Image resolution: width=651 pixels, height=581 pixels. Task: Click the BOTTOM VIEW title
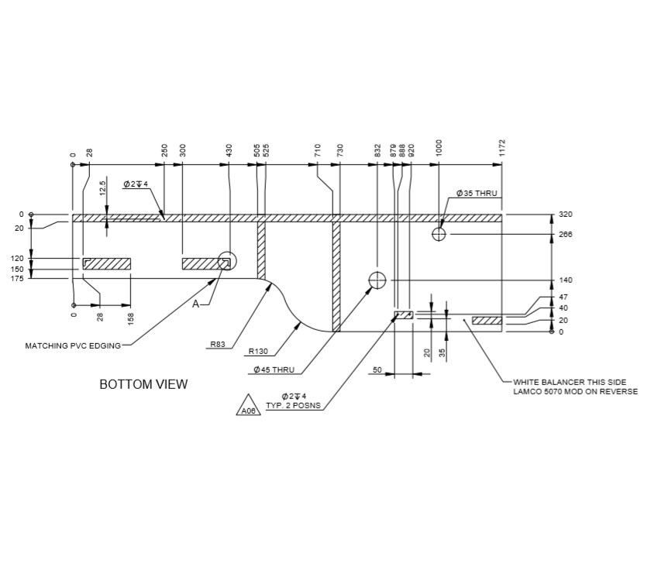[143, 384]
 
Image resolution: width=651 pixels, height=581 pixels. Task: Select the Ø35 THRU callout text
[477, 193]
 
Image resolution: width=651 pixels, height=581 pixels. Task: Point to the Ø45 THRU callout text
[274, 370]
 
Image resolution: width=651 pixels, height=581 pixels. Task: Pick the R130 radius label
[258, 351]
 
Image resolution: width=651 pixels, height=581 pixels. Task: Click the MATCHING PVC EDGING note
[74, 346]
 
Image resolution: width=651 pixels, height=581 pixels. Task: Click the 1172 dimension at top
[502, 147]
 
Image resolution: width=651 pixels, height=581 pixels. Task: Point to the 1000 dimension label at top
[439, 148]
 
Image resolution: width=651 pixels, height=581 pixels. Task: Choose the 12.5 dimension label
[102, 188]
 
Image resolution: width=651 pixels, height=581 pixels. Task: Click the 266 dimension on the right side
[565, 234]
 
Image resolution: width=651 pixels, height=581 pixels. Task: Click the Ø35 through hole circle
[439, 234]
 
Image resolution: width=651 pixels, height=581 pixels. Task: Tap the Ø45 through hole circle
[377, 280]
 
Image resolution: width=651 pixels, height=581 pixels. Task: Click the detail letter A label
[196, 304]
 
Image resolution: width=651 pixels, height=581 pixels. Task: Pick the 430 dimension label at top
[229, 150]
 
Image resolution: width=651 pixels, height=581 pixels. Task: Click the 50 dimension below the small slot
[377, 371]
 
